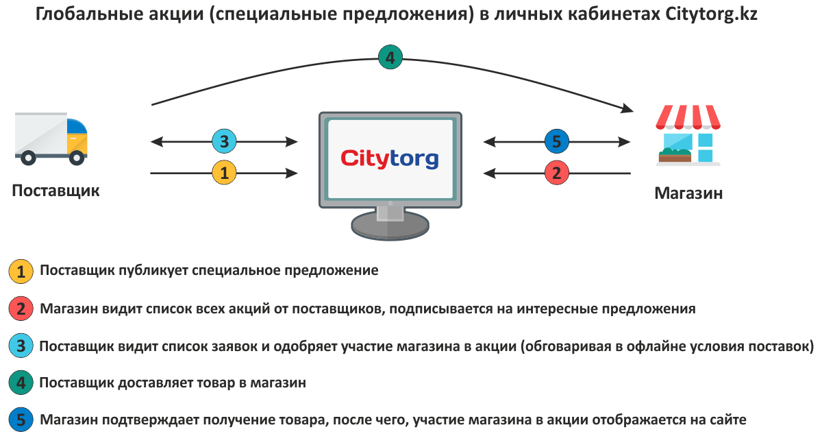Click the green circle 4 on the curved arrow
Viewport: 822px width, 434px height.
pos(390,58)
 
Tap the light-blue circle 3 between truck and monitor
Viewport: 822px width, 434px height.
pos(225,142)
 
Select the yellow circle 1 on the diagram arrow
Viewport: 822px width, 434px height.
pos(225,173)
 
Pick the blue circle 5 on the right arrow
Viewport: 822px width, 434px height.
pos(556,142)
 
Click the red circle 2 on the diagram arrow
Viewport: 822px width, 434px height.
pos(556,173)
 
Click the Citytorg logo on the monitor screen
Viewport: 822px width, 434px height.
pos(390,158)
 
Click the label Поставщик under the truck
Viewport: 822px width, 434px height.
pos(55,191)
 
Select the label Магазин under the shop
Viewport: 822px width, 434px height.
pos(688,193)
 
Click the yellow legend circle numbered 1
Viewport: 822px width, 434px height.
pos(21,272)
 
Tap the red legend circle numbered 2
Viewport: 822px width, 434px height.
pos(21,309)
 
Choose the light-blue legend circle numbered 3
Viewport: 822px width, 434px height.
pos(21,347)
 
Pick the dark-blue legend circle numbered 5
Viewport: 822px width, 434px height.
pos(21,420)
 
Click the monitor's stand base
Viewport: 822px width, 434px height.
pos(390,224)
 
